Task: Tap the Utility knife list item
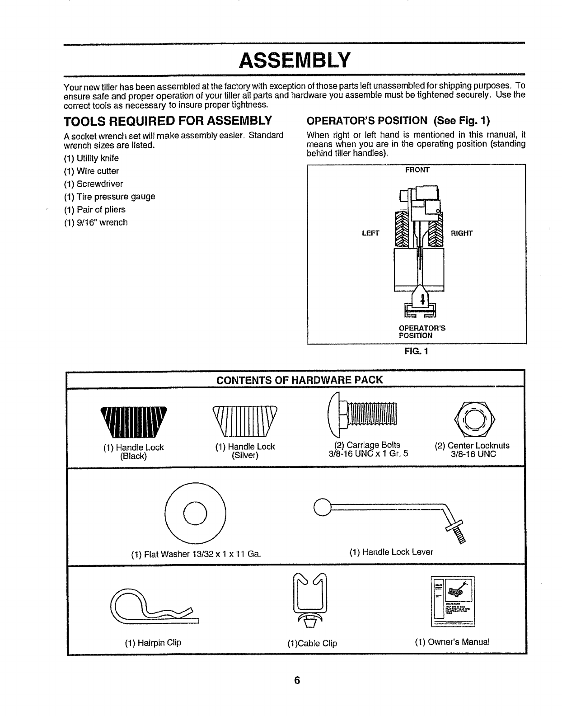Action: (98, 158)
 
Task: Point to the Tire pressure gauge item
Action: (116, 197)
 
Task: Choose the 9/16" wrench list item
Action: (102, 222)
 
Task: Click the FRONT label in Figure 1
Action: (417, 170)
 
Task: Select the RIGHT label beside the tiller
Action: (461, 233)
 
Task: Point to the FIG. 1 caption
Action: (417, 351)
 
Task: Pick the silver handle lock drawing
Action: (244, 420)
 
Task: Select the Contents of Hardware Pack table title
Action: (300, 380)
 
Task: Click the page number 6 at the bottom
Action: (297, 681)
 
